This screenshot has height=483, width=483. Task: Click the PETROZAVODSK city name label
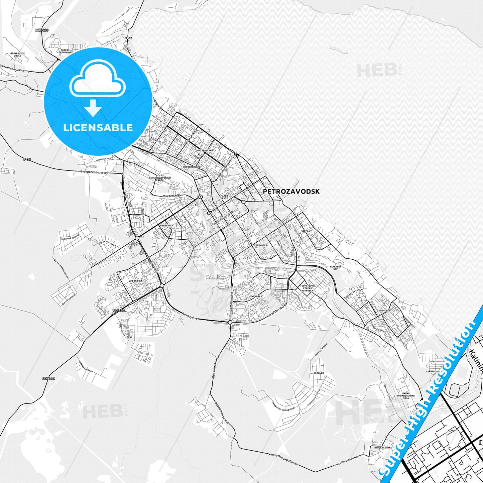coord(291,192)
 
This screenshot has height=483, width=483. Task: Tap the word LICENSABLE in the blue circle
coord(98,128)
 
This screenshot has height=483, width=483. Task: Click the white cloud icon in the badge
coord(97,79)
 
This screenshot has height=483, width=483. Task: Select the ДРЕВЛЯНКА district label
coord(135,281)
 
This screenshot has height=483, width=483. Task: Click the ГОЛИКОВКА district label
coord(261,245)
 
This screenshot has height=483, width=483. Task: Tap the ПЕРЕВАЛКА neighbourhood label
coord(167,226)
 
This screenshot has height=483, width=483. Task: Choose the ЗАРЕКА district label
coord(306,231)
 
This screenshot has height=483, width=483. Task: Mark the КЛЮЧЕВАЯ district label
coord(384,311)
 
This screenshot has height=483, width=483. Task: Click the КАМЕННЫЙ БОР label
coord(336,268)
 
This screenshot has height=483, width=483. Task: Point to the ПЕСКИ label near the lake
coord(128,38)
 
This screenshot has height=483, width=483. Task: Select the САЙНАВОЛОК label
coord(433,371)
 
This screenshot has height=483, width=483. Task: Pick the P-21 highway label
coord(27,159)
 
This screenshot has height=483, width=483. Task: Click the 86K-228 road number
coord(42,30)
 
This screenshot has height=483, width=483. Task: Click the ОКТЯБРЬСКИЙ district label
coord(205,151)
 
